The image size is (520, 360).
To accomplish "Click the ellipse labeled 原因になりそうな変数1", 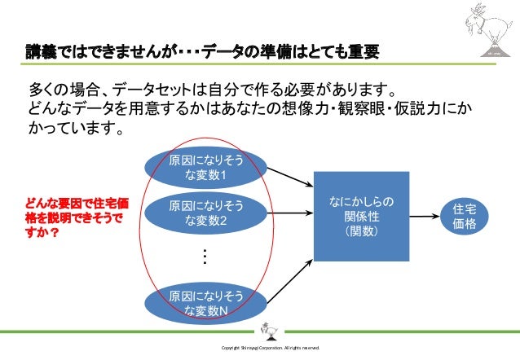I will coord(205,168).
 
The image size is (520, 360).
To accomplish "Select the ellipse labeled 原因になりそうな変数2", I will coord(205,213).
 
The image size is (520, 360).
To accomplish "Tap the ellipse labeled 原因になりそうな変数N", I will coord(205,303).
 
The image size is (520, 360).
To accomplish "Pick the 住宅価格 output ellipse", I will coord(464,217).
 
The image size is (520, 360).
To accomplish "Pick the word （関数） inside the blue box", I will coord(359,233).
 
